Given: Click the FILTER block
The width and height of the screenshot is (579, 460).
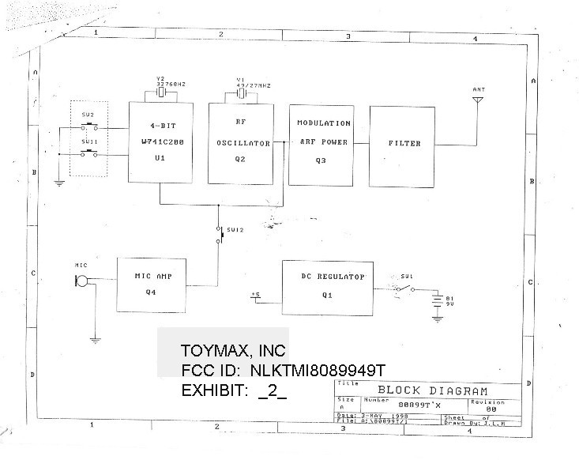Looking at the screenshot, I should click(x=404, y=144).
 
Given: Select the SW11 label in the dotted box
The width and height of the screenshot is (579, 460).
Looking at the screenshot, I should click(x=88, y=141).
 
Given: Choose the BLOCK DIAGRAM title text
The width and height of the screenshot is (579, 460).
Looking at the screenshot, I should click(x=431, y=390).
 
